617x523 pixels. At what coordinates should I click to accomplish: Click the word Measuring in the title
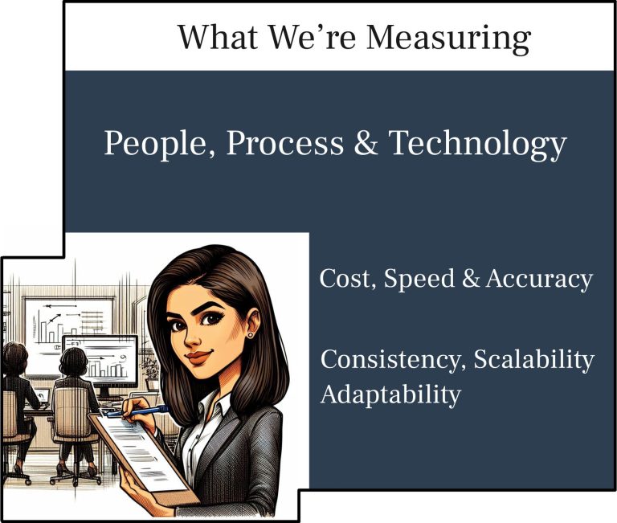448,39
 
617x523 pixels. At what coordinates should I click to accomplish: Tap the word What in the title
219,37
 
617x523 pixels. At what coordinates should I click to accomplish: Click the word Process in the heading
285,142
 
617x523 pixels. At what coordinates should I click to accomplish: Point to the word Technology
478,144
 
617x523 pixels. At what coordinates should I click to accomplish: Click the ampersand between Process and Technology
366,142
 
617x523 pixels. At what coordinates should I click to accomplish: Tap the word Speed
419,280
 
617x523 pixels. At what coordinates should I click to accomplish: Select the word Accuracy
539,280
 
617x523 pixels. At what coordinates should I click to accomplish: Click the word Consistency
394,359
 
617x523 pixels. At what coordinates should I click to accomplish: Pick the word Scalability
533,359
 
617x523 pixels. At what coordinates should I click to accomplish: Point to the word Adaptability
390,394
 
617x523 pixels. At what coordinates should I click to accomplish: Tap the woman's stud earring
250,335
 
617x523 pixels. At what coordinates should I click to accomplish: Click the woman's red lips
198,358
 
